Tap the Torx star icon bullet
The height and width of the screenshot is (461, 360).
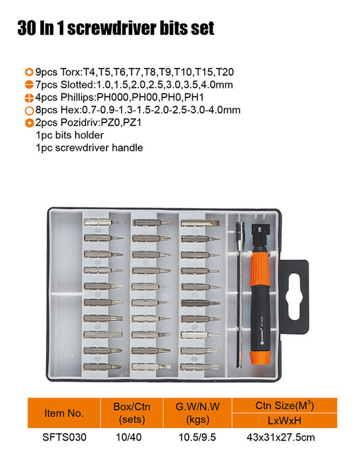click(29, 72)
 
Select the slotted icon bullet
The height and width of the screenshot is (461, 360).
click(29, 85)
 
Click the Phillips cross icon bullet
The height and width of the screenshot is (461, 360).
click(29, 97)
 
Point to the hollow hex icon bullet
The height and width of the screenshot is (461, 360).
click(29, 111)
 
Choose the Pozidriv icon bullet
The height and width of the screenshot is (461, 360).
click(29, 123)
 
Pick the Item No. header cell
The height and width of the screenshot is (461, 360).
click(64, 413)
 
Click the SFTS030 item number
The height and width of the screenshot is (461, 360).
click(64, 437)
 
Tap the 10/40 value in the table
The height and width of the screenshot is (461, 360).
click(129, 437)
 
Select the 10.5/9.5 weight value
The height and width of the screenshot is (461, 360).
click(197, 437)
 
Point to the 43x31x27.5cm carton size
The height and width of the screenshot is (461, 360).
click(280, 437)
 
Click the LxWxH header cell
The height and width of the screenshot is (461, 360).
click(284, 420)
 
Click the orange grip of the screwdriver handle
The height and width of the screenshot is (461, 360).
click(260, 269)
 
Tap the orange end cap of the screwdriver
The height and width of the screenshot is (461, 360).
click(261, 357)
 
